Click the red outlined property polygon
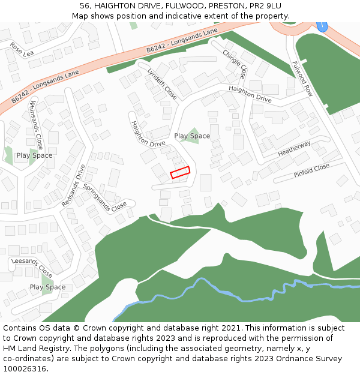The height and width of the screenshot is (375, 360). tap(180, 172)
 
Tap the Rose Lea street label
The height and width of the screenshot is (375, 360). tap(22, 50)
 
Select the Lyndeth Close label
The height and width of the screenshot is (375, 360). tap(162, 84)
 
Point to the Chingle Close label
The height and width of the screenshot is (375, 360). tap(235, 64)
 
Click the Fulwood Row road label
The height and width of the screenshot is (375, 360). tap(302, 79)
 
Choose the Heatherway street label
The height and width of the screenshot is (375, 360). tap(294, 149)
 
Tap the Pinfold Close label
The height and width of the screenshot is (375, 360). tap(311, 170)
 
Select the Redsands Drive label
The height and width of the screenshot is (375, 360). tap(74, 186)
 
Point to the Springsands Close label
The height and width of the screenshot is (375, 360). tap(105, 196)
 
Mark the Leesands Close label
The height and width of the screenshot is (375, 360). tap(32, 266)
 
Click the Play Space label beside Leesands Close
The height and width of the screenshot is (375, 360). tap(47, 287)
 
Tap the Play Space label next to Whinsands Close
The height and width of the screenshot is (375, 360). tap(34, 155)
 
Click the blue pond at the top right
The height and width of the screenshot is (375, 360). tap(322, 26)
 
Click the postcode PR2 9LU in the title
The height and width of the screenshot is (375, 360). tap(262, 6)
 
